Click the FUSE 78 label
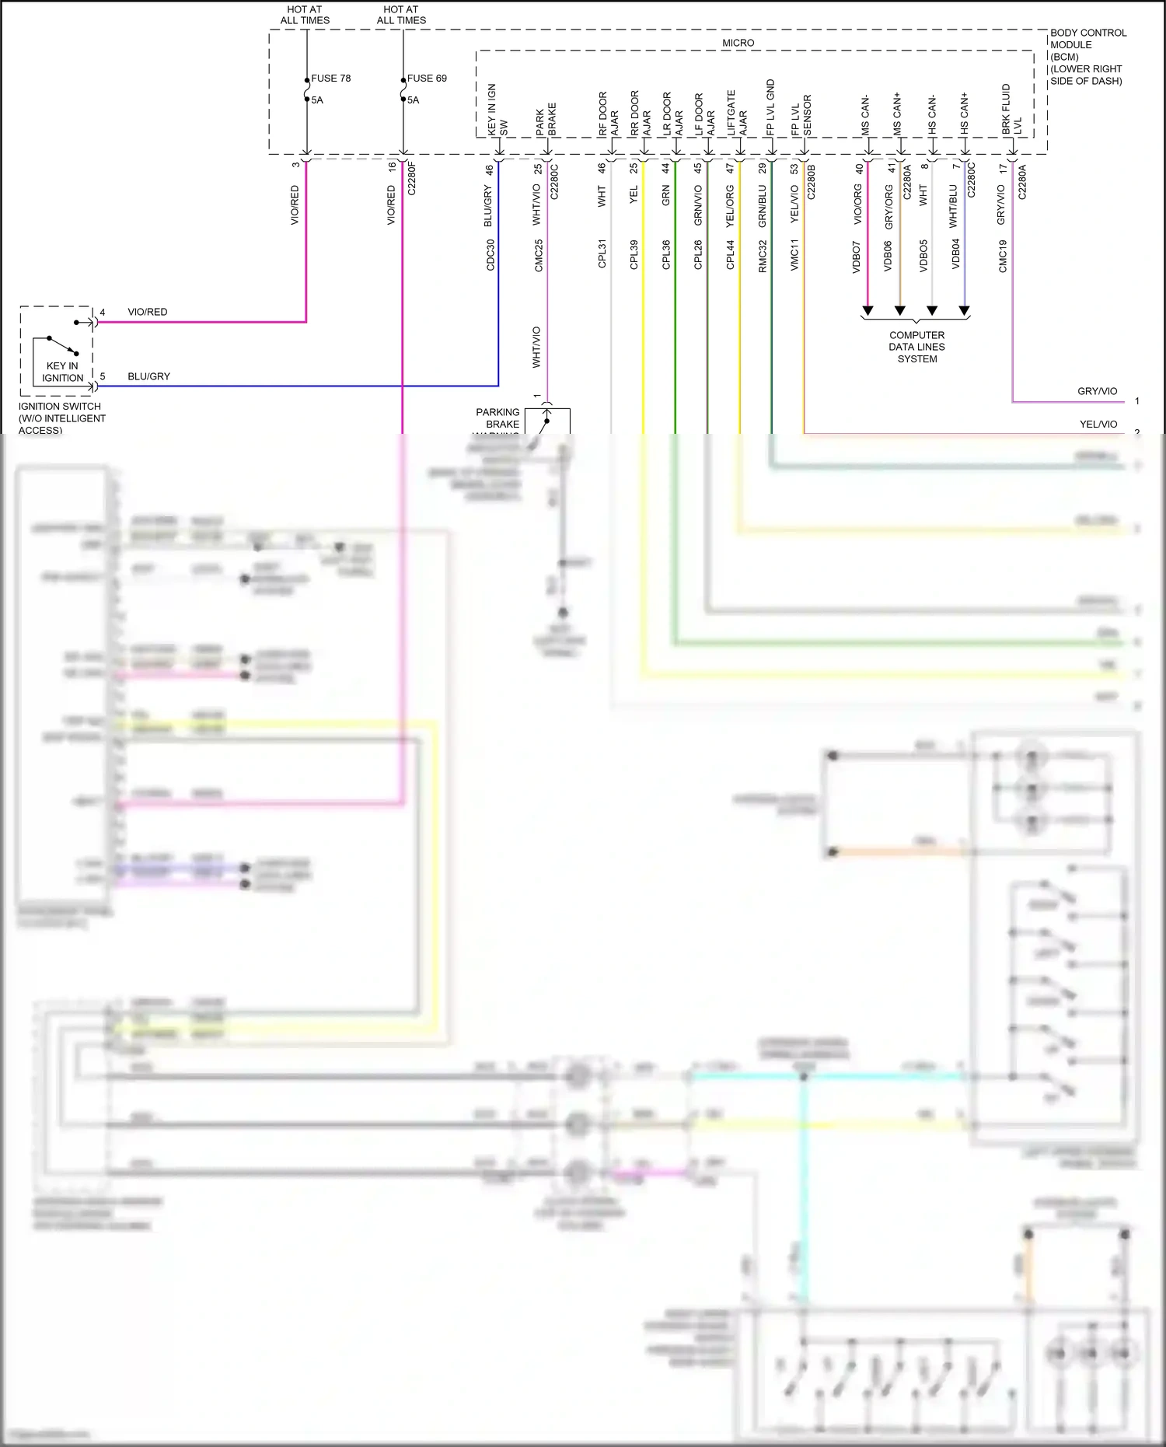330,79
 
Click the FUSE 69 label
427,79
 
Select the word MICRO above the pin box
738,43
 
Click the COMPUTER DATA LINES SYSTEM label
916,347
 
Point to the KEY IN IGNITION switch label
62,372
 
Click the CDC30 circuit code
490,255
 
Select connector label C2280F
412,178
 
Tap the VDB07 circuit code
856,257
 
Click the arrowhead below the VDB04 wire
964,311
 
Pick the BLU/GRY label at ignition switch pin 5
148,376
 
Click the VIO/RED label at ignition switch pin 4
147,312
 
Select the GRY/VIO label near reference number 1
1097,391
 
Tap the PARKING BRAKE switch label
497,418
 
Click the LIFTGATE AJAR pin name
736,114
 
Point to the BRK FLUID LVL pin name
1011,110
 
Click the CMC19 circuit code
1003,257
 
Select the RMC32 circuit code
763,257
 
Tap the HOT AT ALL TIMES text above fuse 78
305,15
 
